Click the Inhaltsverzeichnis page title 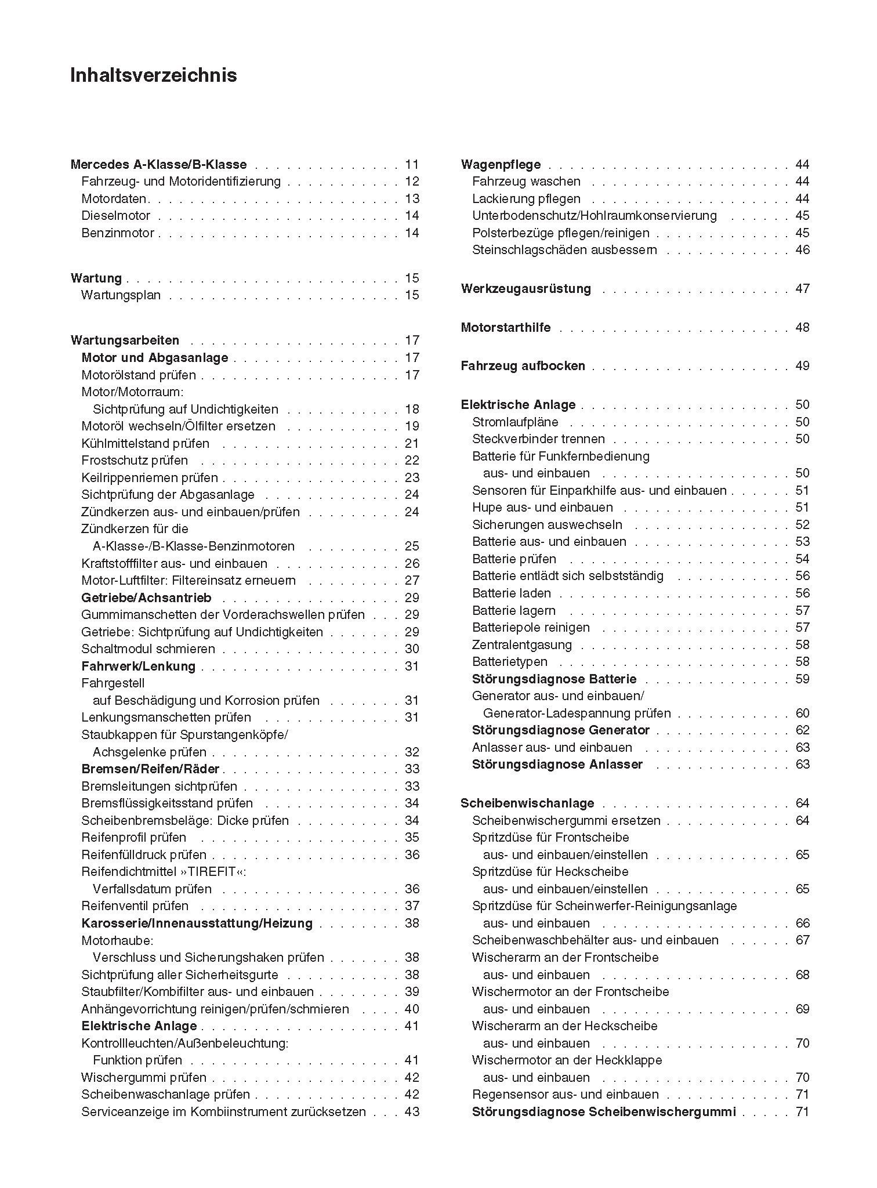(153, 76)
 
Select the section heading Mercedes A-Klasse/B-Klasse (158, 165)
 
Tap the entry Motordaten (114, 199)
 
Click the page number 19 (412, 426)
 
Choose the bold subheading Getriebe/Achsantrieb (146, 598)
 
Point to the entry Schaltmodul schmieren (148, 649)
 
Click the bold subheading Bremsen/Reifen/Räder (150, 769)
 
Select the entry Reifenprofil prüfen (133, 838)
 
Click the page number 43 (412, 1112)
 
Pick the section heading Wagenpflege (501, 165)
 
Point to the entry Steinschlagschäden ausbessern (564, 250)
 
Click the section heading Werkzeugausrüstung (526, 289)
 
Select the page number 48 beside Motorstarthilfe (802, 328)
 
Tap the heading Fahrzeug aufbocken (523, 366)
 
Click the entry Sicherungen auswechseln (547, 525)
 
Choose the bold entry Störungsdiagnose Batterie (554, 679)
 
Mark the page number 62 (802, 730)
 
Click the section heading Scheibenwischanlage (527, 803)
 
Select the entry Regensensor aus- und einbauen (565, 1095)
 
